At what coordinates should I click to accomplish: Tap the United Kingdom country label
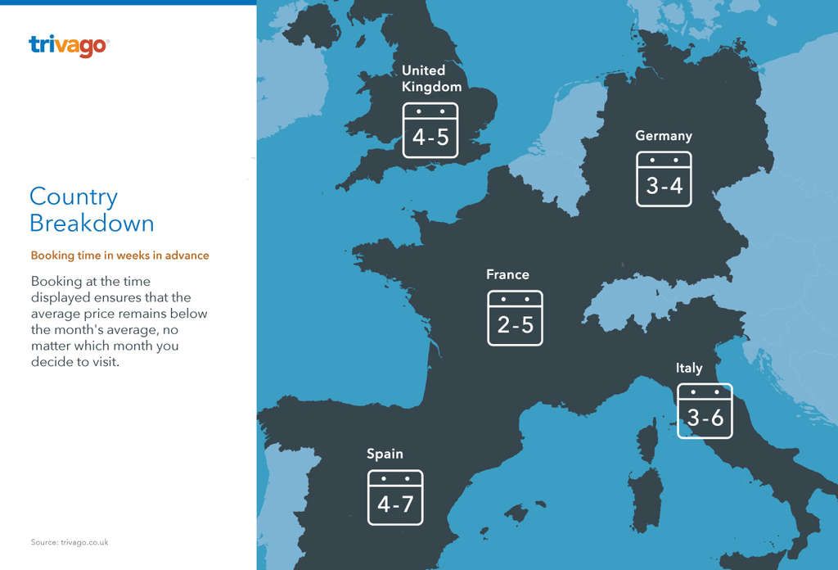click(x=430, y=79)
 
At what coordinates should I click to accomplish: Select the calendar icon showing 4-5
click(x=430, y=130)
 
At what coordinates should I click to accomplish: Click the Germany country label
click(x=664, y=136)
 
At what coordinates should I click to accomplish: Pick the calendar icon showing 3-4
click(x=664, y=179)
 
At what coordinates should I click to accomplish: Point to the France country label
click(x=507, y=274)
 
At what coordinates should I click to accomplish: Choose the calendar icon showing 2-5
click(x=515, y=318)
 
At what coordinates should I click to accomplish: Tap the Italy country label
click(x=689, y=368)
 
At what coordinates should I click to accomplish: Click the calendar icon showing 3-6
click(x=705, y=411)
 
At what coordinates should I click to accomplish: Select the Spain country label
click(x=385, y=454)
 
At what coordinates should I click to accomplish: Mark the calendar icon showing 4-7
click(x=395, y=497)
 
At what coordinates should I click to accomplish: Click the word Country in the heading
click(x=74, y=197)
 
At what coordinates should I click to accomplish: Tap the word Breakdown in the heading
click(x=92, y=224)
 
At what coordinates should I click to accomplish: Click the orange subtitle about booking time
click(x=119, y=256)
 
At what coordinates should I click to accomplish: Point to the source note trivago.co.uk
click(x=70, y=542)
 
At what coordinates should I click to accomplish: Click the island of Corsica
click(x=647, y=442)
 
